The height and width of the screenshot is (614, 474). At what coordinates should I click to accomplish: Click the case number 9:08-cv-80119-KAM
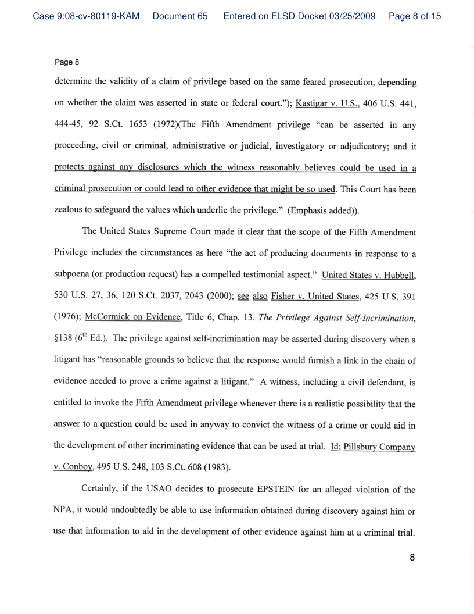point(86,16)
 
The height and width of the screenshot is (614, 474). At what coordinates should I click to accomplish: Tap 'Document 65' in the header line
point(180,16)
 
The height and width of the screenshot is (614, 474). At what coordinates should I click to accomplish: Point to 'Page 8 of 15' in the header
point(414,16)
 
